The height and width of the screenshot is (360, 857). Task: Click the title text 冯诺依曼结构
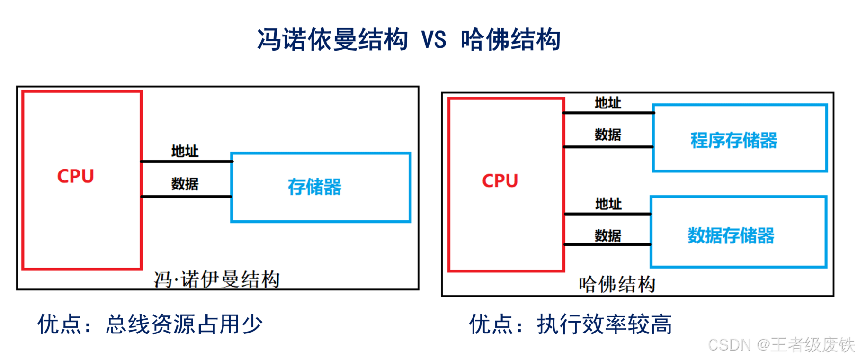[x=332, y=39]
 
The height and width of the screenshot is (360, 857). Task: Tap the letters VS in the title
[x=433, y=40]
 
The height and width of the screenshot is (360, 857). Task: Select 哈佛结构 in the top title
[x=510, y=39]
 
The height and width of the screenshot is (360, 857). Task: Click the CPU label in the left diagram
[x=76, y=176]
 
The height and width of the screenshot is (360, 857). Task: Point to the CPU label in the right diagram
[x=500, y=181]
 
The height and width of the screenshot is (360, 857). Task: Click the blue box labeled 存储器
[x=321, y=187]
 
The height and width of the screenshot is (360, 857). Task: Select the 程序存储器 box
[x=739, y=138]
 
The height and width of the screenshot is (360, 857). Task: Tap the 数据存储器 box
[x=738, y=232]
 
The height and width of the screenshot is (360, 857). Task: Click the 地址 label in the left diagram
[x=185, y=151]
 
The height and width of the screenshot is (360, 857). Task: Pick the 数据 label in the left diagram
[x=185, y=184]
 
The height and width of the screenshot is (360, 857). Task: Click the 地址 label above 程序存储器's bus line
[x=608, y=103]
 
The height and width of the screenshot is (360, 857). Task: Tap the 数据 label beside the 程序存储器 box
[x=608, y=135]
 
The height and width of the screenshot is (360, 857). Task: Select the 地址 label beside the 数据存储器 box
[x=608, y=204]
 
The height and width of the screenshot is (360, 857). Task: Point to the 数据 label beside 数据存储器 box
[x=608, y=235]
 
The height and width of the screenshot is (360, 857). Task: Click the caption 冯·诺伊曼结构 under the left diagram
[x=217, y=279]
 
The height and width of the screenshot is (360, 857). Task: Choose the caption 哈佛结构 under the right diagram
[x=617, y=284]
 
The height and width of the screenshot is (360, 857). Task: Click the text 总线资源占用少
[x=184, y=324]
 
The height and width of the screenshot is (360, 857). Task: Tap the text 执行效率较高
[x=604, y=324]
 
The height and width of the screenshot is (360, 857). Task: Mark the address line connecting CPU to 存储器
[x=187, y=162]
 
